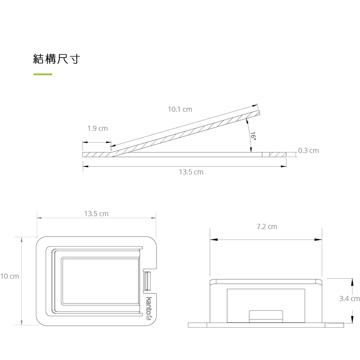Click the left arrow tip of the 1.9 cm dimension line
point(83,142)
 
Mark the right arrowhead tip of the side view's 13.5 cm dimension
point(286,166)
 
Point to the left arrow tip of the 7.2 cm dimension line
point(210,240)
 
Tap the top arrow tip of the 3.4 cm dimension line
point(352,279)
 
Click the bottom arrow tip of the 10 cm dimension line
point(21,325)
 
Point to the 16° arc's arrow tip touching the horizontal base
point(251,152)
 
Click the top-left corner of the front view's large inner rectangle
point(227,289)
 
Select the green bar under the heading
point(43,74)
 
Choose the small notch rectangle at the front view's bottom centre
point(266,316)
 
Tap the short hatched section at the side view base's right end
point(278,154)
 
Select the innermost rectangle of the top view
point(100,282)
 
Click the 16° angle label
point(253,136)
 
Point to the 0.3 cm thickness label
point(309,150)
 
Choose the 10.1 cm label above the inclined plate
point(180,109)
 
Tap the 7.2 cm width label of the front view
point(267,226)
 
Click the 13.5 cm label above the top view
point(96,214)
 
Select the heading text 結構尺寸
point(57,59)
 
